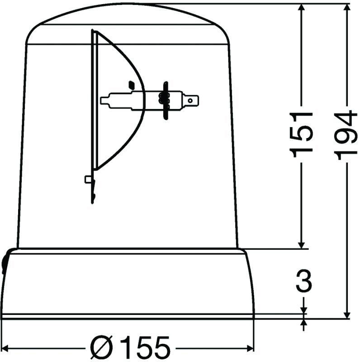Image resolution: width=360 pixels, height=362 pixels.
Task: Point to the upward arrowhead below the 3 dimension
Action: click(303, 323)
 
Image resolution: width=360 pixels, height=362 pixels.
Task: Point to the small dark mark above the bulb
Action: click(132, 84)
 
